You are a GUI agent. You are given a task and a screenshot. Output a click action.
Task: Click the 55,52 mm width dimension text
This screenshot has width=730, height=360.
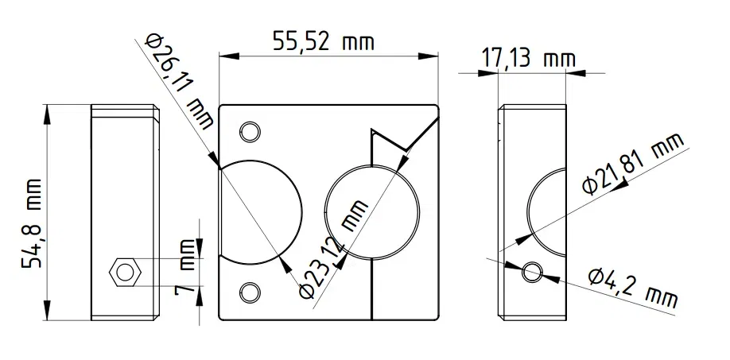(x=323, y=41)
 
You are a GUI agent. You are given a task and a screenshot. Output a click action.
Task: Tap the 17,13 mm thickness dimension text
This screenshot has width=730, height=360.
(x=528, y=58)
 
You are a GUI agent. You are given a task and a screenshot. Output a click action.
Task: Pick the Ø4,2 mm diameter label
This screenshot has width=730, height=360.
(x=633, y=287)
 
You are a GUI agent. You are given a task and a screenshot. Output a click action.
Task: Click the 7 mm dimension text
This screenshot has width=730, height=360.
(x=185, y=271)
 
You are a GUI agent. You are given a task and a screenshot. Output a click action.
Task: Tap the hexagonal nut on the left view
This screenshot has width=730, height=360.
(x=125, y=272)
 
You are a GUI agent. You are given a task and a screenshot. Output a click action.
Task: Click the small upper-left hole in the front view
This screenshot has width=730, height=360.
(x=250, y=131)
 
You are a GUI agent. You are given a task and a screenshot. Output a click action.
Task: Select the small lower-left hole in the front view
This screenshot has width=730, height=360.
(x=250, y=292)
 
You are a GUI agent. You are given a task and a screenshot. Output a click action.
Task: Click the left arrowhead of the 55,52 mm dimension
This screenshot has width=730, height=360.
(x=225, y=56)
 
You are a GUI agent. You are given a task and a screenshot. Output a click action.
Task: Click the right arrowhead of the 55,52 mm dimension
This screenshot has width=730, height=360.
(x=433, y=56)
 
